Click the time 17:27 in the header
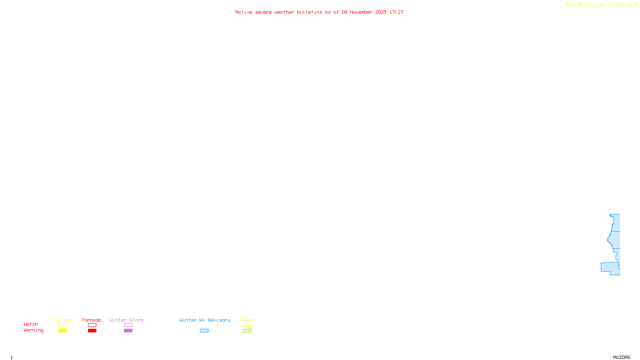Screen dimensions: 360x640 point(396,12)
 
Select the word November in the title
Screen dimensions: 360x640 point(361,12)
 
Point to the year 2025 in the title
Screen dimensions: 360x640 point(381,12)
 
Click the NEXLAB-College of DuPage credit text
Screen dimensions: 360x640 point(599,5)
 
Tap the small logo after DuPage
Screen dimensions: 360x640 point(636,4)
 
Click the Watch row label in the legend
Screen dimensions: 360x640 point(31,324)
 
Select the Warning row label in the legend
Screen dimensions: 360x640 point(33,330)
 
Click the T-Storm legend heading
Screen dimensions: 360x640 point(62,320)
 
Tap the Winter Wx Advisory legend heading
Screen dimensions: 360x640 point(205,320)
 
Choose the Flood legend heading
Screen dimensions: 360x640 point(247,320)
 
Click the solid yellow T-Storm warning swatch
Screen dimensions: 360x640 point(62,331)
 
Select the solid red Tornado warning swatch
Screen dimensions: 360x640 point(92,331)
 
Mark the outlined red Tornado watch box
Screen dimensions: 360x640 point(92,325)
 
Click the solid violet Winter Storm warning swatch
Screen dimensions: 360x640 point(128,331)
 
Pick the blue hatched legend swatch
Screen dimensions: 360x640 point(204,331)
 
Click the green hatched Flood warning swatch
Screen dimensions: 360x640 point(247,331)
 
